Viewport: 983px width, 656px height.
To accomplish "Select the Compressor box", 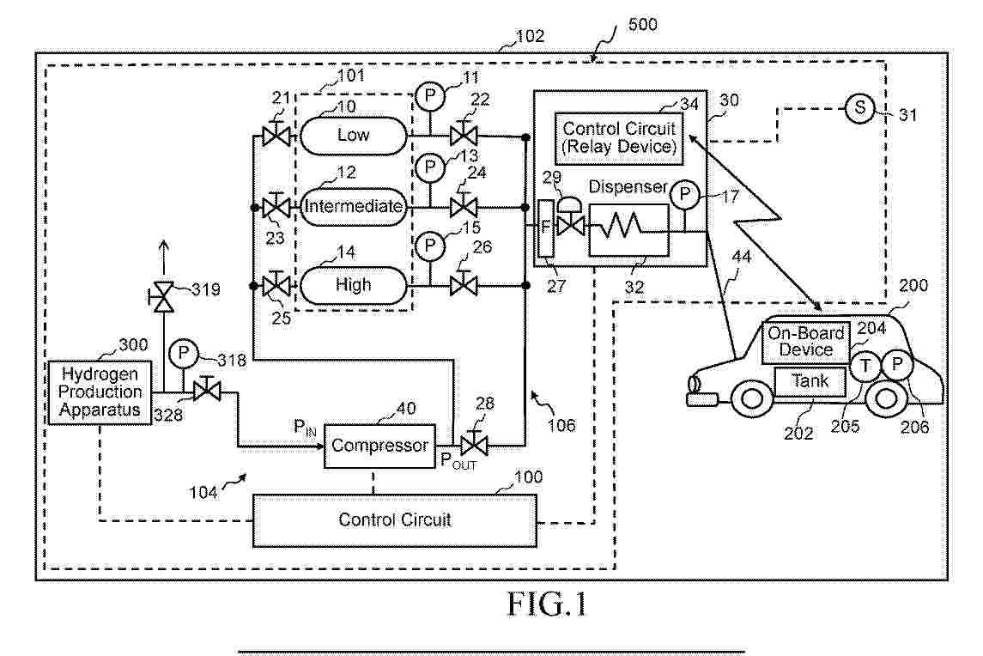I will [x=379, y=446].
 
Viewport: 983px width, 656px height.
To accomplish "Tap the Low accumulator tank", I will [x=353, y=135].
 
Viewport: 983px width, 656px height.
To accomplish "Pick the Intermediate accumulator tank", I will [x=353, y=206].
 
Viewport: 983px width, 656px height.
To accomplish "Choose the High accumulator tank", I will [x=353, y=284].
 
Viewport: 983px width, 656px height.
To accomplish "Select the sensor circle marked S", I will [x=858, y=108].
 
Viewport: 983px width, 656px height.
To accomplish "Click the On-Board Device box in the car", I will [x=806, y=342].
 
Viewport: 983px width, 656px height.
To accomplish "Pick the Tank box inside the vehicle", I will [x=809, y=380].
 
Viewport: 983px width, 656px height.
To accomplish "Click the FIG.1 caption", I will [x=547, y=604].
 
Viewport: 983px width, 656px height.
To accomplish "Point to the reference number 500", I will [x=643, y=24].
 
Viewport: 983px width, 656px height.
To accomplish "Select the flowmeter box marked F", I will [x=543, y=228].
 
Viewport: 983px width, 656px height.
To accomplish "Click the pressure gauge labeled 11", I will [x=428, y=94].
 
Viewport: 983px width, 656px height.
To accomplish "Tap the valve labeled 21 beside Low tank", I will [x=276, y=136].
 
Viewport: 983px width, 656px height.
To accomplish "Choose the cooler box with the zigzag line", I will [x=628, y=229].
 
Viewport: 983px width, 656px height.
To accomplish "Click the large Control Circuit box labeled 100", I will [x=394, y=519].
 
